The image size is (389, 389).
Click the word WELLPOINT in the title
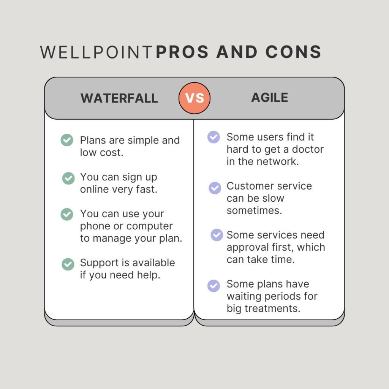(x=96, y=52)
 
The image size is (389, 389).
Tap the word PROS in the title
(x=183, y=52)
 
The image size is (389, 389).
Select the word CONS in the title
(x=293, y=52)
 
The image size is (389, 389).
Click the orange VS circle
(x=194, y=98)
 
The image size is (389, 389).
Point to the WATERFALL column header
(x=119, y=98)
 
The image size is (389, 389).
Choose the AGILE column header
(x=270, y=98)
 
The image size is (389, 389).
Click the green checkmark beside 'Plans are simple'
(x=67, y=140)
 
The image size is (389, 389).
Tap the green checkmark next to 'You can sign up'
(x=68, y=178)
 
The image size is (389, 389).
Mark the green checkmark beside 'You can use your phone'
(x=67, y=214)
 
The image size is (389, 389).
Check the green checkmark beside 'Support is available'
(x=68, y=264)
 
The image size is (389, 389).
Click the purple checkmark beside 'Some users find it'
(x=213, y=137)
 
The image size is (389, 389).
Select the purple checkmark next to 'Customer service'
(x=215, y=188)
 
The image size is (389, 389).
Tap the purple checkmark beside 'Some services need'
(x=217, y=235)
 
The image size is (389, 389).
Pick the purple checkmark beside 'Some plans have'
(x=213, y=286)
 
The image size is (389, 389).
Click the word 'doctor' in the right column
(x=307, y=149)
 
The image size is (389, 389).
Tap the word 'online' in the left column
(x=94, y=189)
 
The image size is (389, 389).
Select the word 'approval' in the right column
(x=245, y=247)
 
